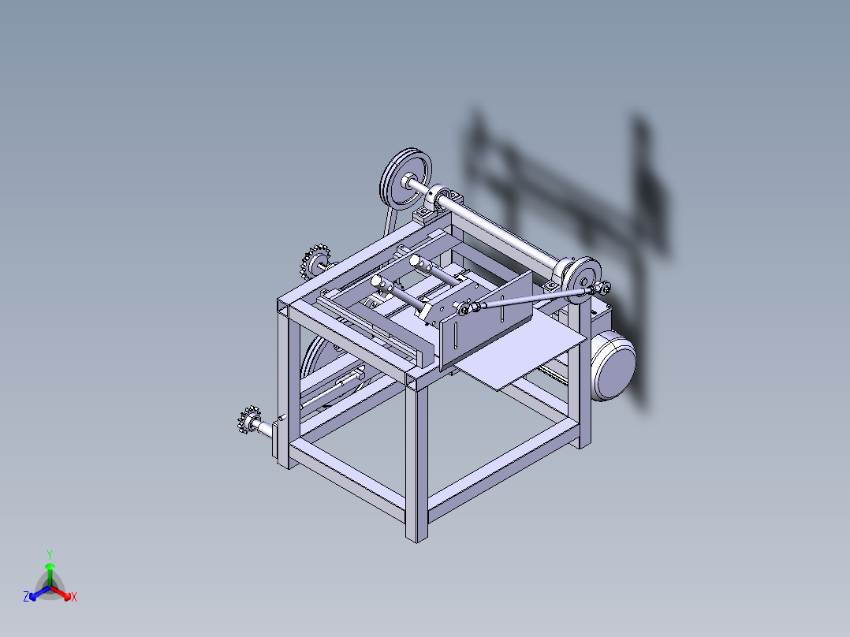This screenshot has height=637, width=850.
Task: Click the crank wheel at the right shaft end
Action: pos(583,278)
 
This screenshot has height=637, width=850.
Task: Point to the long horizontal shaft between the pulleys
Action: pos(505,233)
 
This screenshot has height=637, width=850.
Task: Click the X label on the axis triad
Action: pos(74,598)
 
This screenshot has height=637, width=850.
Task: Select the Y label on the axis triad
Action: pos(50,554)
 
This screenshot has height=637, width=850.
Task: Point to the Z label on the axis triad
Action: pos(26,597)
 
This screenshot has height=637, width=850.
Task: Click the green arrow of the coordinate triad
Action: pos(50,572)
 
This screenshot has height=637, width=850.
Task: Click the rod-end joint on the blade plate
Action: pos(465,308)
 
